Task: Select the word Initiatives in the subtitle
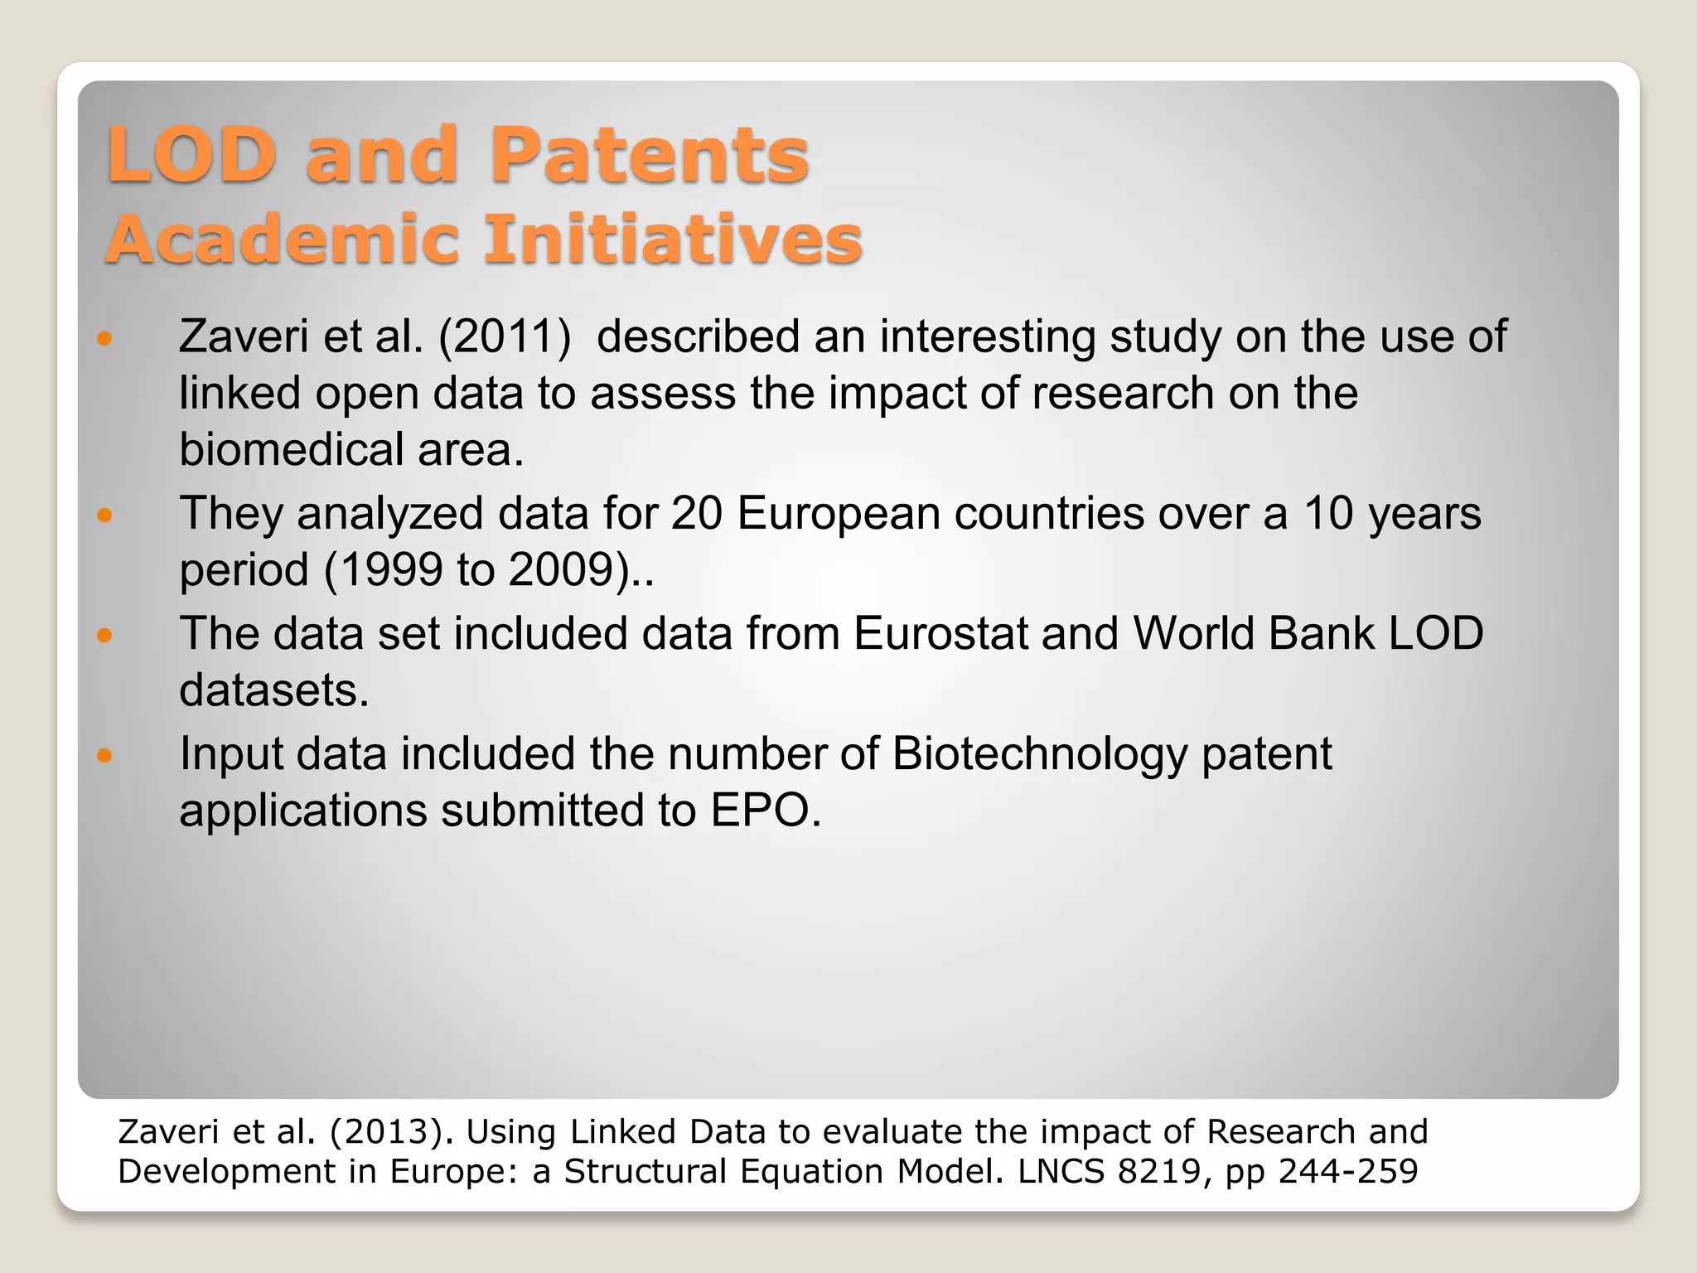click(673, 240)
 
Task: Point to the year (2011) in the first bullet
click(505, 336)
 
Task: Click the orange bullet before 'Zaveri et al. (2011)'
click(104, 338)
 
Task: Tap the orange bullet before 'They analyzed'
click(104, 515)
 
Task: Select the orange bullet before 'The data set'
click(104, 636)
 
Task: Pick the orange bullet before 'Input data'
click(104, 755)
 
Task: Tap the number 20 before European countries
click(697, 514)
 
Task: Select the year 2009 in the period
click(559, 570)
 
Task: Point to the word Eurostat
click(940, 634)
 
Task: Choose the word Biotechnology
click(1039, 755)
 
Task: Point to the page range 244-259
click(1348, 1172)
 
